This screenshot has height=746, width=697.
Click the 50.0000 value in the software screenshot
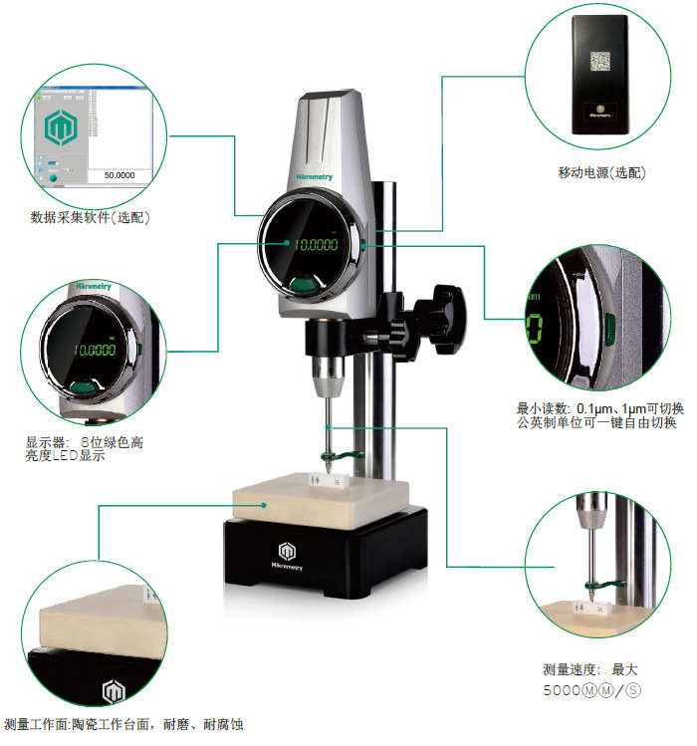coord(118,175)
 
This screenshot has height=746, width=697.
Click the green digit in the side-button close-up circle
coord(535,327)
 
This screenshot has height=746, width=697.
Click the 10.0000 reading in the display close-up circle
coord(97,351)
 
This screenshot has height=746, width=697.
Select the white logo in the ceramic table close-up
coord(113,690)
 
